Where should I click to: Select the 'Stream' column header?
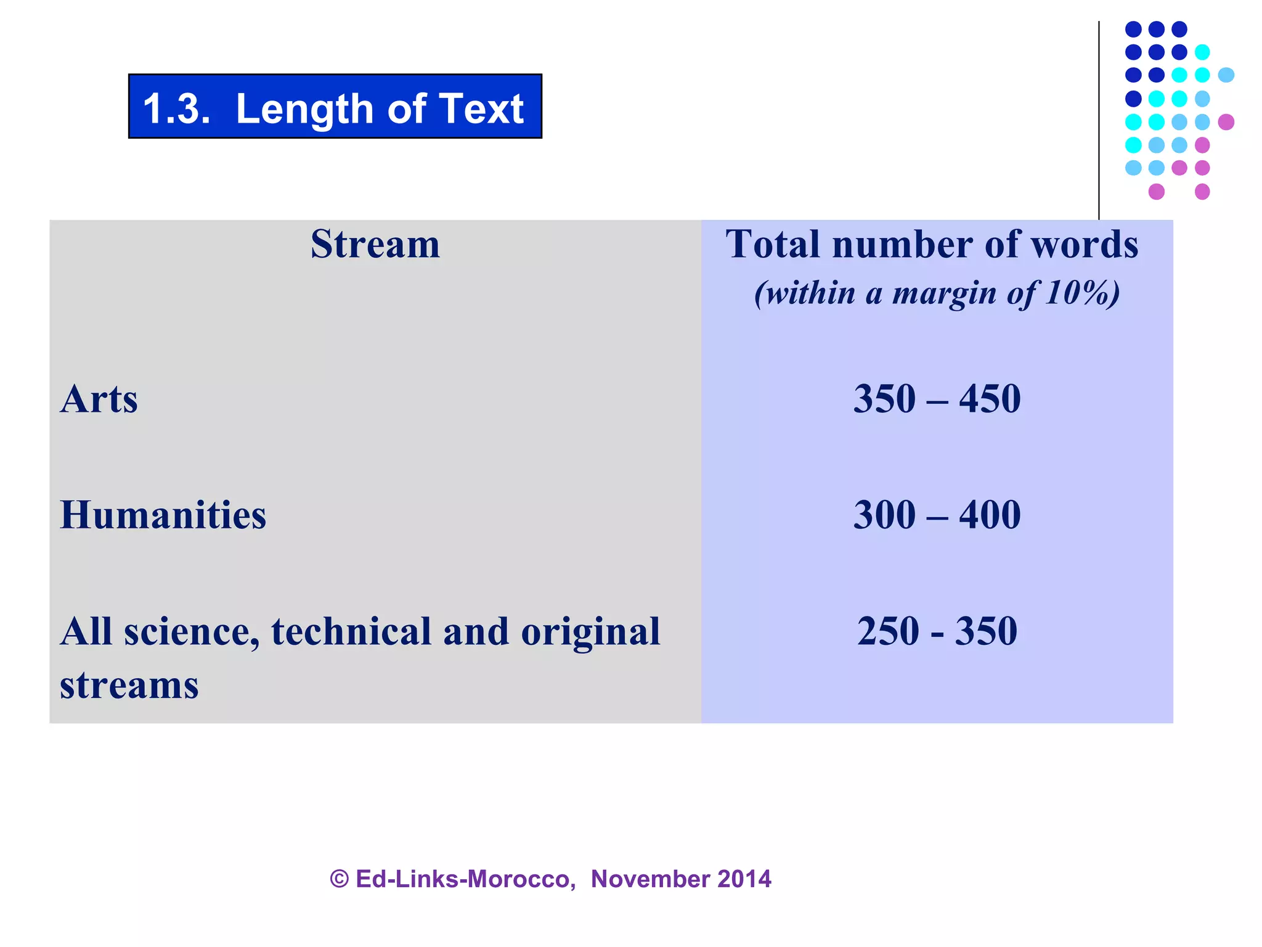pyautogui.click(x=375, y=244)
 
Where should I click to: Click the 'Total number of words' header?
pyautogui.click(x=932, y=244)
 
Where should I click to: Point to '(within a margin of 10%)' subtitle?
pyautogui.click(x=937, y=293)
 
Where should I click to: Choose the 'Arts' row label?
pyautogui.click(x=99, y=399)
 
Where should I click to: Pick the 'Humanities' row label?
pyautogui.click(x=163, y=515)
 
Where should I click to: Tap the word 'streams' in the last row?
pyautogui.click(x=129, y=686)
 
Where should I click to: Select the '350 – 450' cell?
pyautogui.click(x=937, y=399)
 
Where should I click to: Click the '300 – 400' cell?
pyautogui.click(x=937, y=515)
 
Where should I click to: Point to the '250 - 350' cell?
pyautogui.click(x=937, y=631)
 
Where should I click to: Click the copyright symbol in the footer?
pyautogui.click(x=340, y=879)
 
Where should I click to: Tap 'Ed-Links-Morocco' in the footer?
pyautogui.click(x=465, y=879)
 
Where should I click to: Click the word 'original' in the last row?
pyautogui.click(x=590, y=631)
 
